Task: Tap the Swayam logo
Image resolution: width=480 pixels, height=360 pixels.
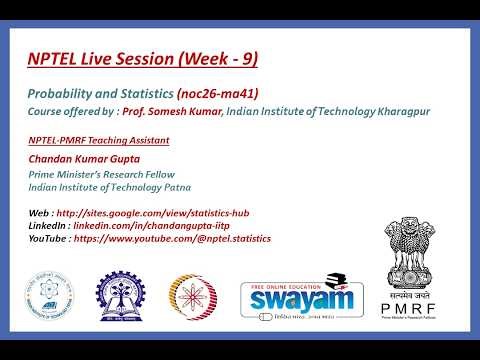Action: pos(300,298)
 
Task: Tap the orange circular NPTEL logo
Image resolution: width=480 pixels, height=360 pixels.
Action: pos(193,298)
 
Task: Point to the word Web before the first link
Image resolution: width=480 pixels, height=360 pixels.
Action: pos(39,212)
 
